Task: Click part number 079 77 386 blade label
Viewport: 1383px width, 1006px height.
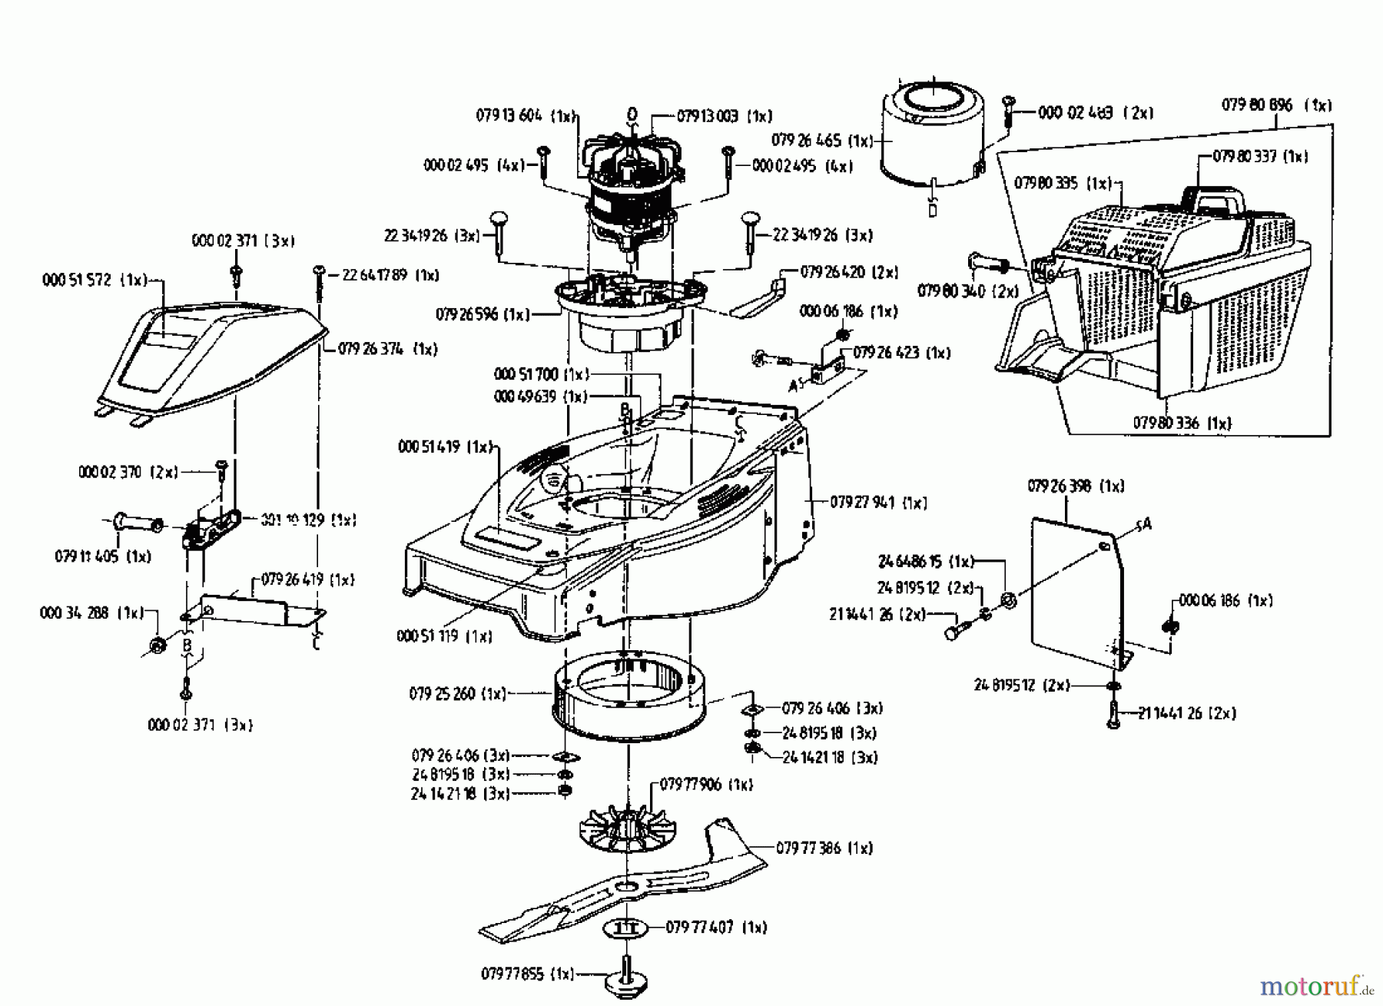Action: (x=824, y=848)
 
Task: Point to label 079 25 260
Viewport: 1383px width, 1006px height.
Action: (x=457, y=694)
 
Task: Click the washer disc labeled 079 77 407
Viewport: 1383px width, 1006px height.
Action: (x=628, y=928)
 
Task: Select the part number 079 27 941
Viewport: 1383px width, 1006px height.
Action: (x=877, y=503)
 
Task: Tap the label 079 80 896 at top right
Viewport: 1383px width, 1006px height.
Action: (x=1276, y=105)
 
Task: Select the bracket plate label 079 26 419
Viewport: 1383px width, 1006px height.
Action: (x=307, y=579)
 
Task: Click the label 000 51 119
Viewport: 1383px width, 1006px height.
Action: (x=444, y=636)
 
